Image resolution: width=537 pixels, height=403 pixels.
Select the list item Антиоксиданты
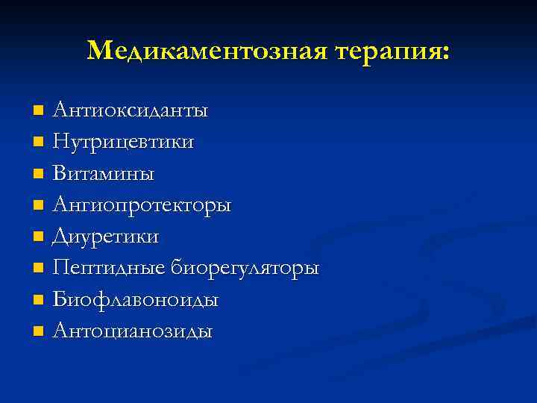click(131, 111)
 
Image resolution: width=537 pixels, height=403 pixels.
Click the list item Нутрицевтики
click(124, 142)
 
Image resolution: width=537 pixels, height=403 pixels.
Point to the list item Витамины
click(104, 174)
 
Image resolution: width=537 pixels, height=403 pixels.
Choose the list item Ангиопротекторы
click(142, 206)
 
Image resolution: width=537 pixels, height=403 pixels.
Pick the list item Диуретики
click(106, 237)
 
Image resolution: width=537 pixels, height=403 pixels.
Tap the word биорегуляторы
click(245, 269)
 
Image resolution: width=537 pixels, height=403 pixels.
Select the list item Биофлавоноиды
click(136, 299)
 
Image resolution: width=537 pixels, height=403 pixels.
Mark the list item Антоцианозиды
click(133, 331)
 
